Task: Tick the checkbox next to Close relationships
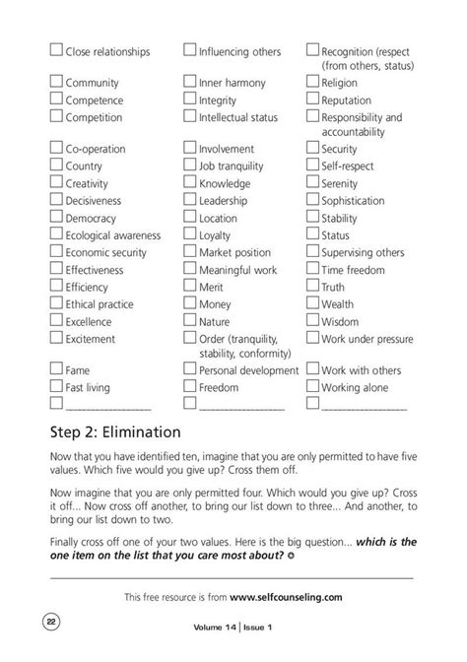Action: [x=56, y=51]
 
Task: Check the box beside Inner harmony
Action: [x=191, y=83]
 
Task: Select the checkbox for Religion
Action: [x=312, y=83]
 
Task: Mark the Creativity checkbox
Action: [x=56, y=183]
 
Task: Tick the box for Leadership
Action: [x=191, y=201]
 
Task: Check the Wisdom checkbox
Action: [x=312, y=321]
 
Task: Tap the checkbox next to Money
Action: [x=191, y=304]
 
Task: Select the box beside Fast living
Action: [x=56, y=388]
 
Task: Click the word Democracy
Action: [x=91, y=218]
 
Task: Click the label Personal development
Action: [x=248, y=370]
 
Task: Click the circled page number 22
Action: [x=48, y=620]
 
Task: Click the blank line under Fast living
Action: [x=107, y=406]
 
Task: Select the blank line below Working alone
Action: [x=364, y=406]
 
